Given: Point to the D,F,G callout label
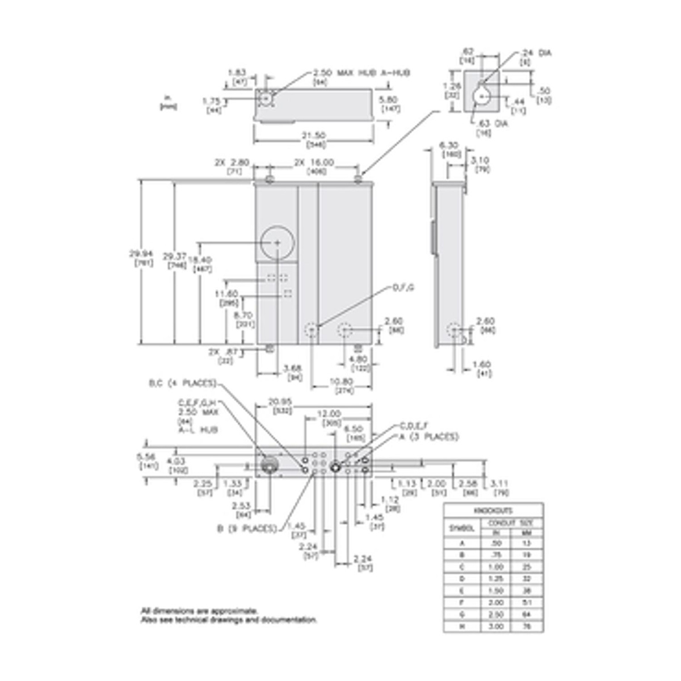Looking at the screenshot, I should coord(403,288).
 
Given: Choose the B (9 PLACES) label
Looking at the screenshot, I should coord(245,528).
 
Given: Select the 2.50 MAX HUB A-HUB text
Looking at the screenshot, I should coord(361,73).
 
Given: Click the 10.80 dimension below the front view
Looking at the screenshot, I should coord(342,382).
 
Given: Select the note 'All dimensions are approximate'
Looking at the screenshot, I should coord(199,611).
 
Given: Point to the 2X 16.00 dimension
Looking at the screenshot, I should coord(314,163).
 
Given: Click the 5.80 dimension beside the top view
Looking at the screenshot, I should coord(389,99).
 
